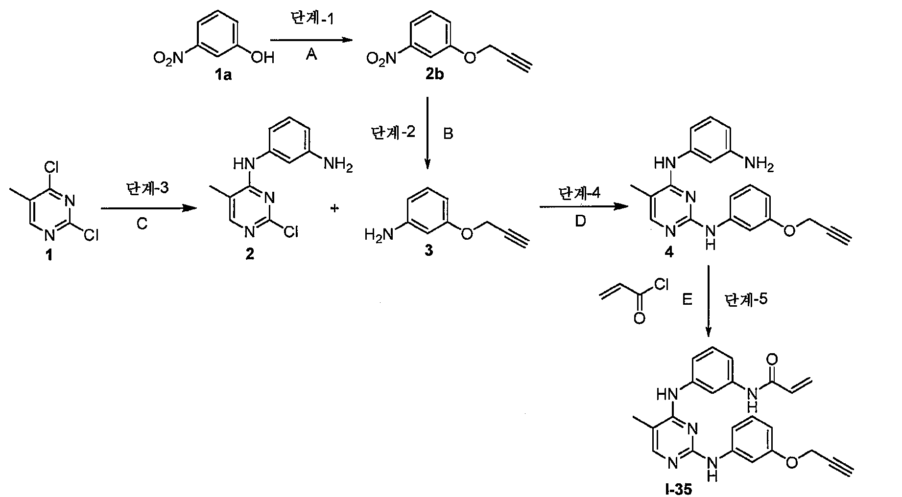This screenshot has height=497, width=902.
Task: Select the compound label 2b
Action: tap(431, 75)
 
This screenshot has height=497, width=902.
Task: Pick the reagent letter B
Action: tap(448, 134)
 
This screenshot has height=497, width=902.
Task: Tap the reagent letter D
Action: tap(580, 221)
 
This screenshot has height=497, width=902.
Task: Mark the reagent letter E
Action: tap(688, 299)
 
